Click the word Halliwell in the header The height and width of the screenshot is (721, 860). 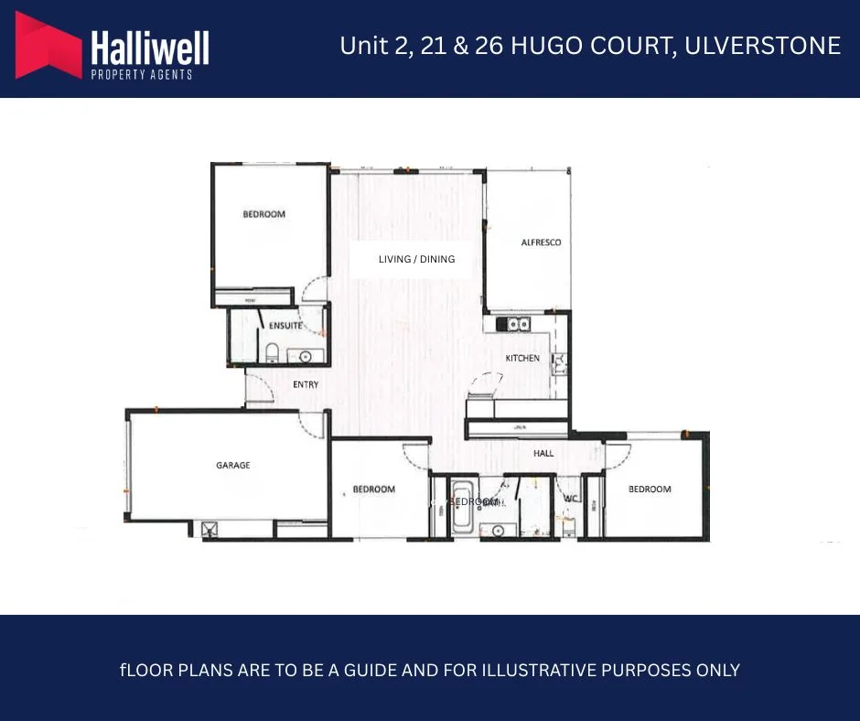pos(150,47)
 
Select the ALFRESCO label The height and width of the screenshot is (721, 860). pos(541,242)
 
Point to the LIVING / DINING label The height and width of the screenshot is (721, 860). pos(416,259)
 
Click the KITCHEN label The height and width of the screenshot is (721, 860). pos(522,358)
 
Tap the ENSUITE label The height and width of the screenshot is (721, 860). pos(285,326)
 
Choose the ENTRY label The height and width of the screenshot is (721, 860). pos(306,384)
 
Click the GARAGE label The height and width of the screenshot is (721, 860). pos(233,466)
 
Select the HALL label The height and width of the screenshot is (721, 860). pos(543,453)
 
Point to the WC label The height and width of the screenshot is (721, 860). pos(572,499)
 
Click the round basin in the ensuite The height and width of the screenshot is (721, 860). pos(306,356)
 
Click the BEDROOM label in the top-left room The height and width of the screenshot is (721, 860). pos(263,214)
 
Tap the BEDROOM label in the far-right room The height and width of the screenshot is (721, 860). pos(650,490)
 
